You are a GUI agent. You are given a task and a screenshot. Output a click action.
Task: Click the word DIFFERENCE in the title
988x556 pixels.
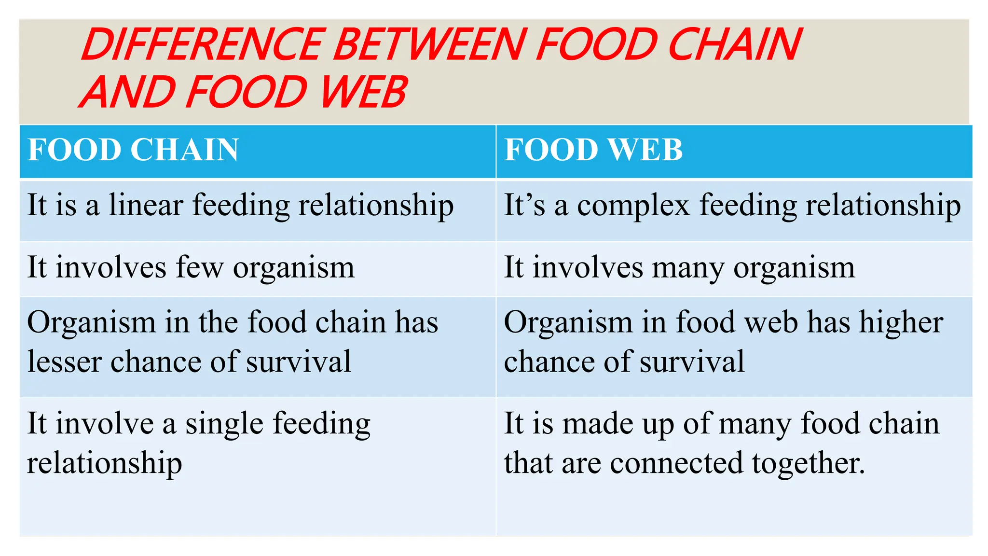pyautogui.click(x=203, y=45)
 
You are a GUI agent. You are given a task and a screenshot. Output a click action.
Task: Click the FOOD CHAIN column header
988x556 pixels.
pyautogui.click(x=133, y=150)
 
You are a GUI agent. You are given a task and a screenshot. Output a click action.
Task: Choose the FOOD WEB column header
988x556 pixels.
pyautogui.click(x=593, y=150)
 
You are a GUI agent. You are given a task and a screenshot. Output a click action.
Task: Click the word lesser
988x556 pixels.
pyautogui.click(x=64, y=362)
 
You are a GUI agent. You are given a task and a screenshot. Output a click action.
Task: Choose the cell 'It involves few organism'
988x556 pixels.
pyautogui.click(x=191, y=267)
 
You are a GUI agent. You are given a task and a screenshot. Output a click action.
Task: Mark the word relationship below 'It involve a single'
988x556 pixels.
pyautogui.click(x=104, y=464)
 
